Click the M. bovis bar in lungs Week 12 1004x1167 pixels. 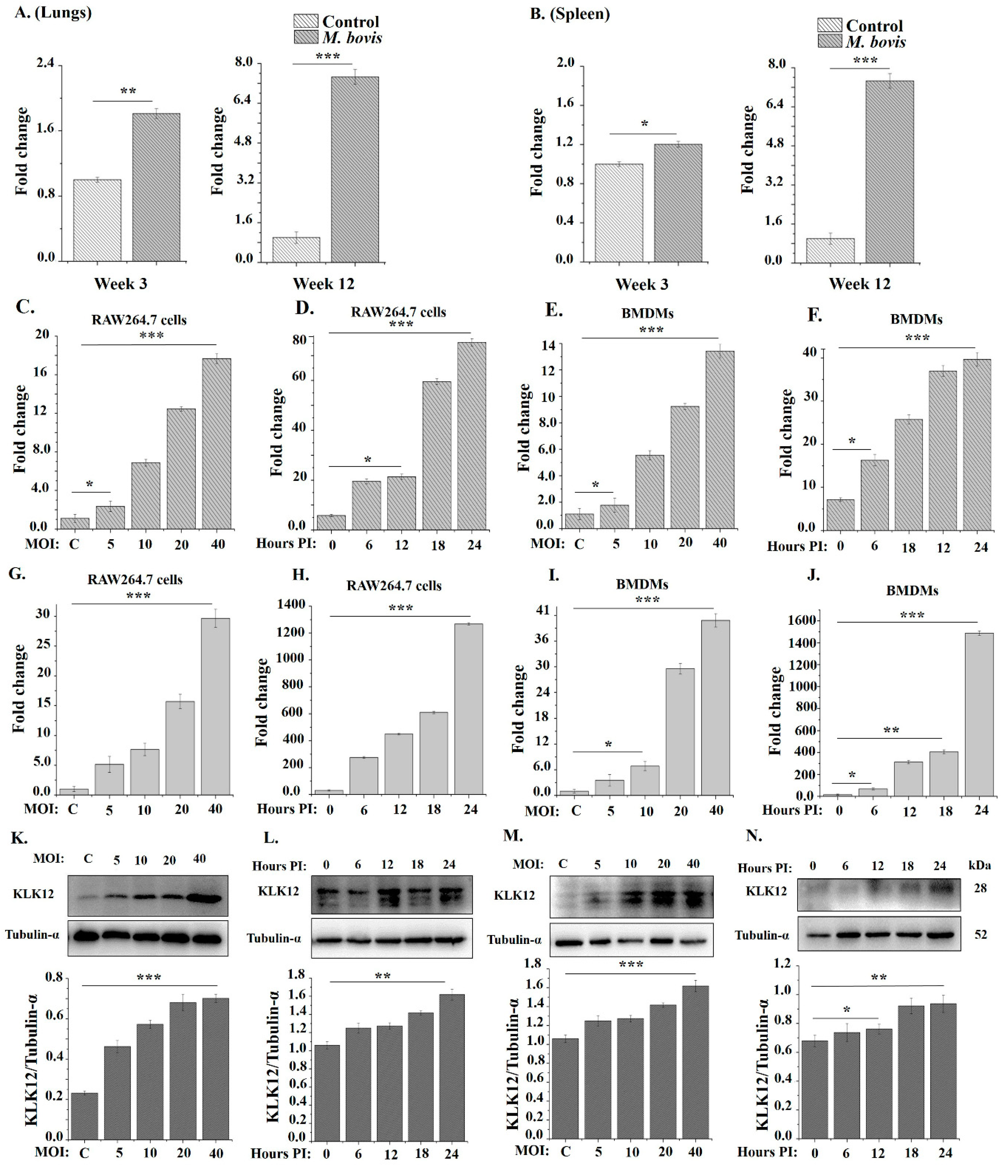(355, 169)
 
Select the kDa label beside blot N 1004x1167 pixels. (980, 865)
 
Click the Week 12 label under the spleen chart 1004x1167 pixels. (860, 284)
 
